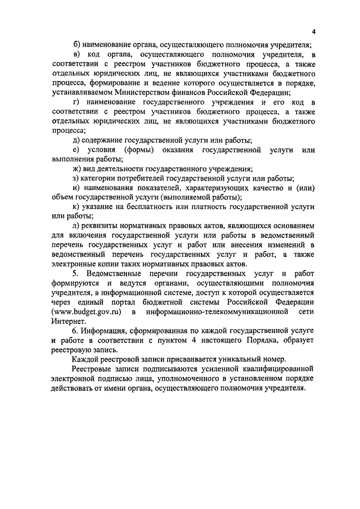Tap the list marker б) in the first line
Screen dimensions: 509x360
[77, 44]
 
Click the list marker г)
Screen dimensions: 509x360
[77, 102]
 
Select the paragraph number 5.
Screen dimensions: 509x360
[76, 274]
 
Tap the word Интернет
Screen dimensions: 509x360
[68, 322]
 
